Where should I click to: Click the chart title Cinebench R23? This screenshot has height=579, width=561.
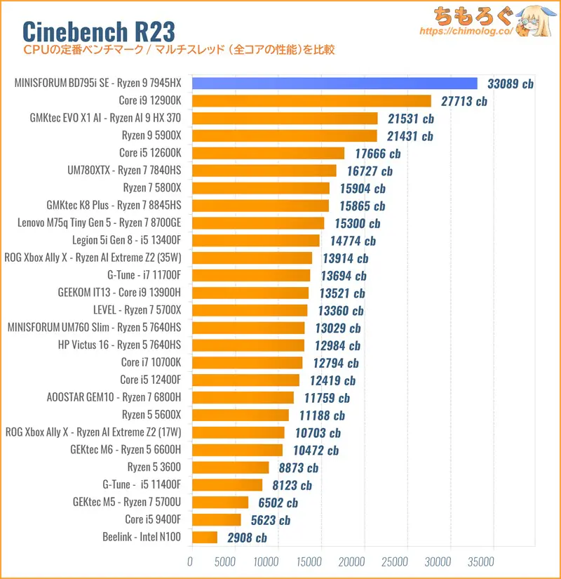tap(99, 30)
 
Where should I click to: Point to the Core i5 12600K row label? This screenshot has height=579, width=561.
tap(150, 153)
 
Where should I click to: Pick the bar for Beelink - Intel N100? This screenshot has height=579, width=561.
tap(203, 538)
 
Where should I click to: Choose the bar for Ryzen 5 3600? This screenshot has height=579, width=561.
tap(229, 467)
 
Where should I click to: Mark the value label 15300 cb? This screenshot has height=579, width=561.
tap(355, 223)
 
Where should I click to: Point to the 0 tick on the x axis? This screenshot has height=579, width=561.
tap(190, 561)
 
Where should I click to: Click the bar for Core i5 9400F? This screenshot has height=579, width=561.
tap(215, 520)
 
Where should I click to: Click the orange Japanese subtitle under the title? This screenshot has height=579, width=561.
tap(179, 50)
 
